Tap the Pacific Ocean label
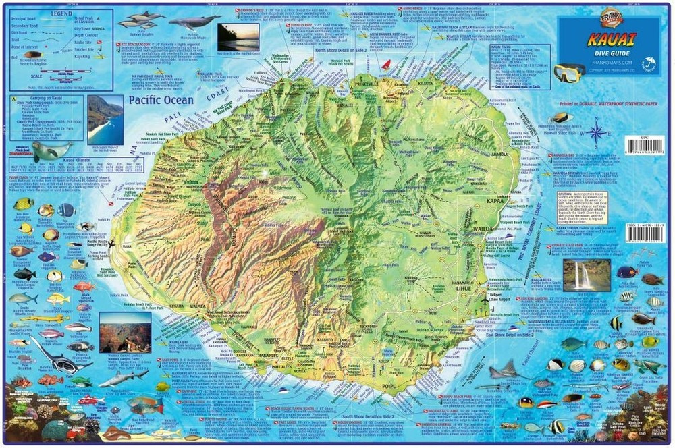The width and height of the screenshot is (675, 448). (161, 100)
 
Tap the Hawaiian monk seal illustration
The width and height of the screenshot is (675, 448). (49, 151)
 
